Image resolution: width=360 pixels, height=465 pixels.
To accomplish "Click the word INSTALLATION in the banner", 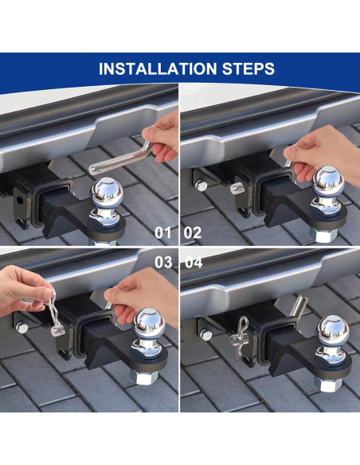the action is click(158, 68).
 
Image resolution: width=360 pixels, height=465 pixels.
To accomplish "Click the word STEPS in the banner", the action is click(248, 68).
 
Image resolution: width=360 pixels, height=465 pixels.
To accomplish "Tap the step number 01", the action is click(162, 232).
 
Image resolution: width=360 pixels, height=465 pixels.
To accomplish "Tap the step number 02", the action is click(193, 232).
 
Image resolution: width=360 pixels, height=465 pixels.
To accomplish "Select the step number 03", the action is click(163, 262).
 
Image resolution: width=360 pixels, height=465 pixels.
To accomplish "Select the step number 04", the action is click(194, 262).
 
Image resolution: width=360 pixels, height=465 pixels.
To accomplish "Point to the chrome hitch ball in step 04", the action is click(332, 331).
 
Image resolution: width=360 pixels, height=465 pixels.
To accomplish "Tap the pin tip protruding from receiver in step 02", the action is click(237, 187).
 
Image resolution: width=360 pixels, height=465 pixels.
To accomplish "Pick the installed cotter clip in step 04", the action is click(239, 338).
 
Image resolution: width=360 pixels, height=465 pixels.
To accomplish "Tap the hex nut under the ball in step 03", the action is click(143, 377).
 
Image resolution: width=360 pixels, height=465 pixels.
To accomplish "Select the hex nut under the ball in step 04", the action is click(327, 385).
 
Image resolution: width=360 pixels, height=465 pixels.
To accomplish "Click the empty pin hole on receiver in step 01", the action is click(20, 201).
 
